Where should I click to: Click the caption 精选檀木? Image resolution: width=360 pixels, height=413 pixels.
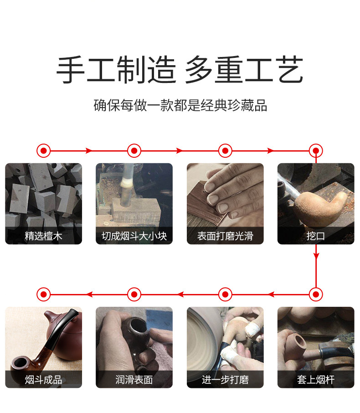pyautogui.click(x=43, y=236)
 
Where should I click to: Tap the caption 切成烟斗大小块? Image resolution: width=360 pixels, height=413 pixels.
pyautogui.click(x=134, y=236)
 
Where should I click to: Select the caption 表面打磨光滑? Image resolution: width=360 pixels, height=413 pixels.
pyautogui.click(x=225, y=236)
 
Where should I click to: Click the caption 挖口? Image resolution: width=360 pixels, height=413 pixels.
pyautogui.click(x=316, y=236)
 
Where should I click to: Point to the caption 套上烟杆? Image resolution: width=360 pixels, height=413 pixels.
pyautogui.click(x=316, y=380)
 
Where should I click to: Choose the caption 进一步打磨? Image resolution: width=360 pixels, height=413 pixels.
pyautogui.click(x=225, y=380)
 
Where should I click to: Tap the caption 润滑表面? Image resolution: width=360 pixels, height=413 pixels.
pyautogui.click(x=134, y=380)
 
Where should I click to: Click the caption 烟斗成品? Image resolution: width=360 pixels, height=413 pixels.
pyautogui.click(x=43, y=380)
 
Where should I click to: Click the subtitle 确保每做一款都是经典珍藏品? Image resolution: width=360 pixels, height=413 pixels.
pyautogui.click(x=180, y=105)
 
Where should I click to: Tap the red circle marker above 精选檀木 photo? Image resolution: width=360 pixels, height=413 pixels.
pyautogui.click(x=43, y=151)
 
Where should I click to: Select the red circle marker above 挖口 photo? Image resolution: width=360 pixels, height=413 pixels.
pyautogui.click(x=316, y=151)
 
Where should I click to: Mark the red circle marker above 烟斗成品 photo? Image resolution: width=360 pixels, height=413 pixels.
pyautogui.click(x=43, y=294)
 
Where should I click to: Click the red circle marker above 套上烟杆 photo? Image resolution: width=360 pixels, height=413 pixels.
pyautogui.click(x=316, y=294)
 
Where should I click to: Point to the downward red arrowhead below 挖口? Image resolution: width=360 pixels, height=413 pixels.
pyautogui.click(x=316, y=255)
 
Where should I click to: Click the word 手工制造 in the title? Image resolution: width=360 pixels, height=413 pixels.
pyautogui.click(x=116, y=70)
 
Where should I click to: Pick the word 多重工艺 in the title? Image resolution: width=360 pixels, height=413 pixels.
pyautogui.click(x=244, y=70)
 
